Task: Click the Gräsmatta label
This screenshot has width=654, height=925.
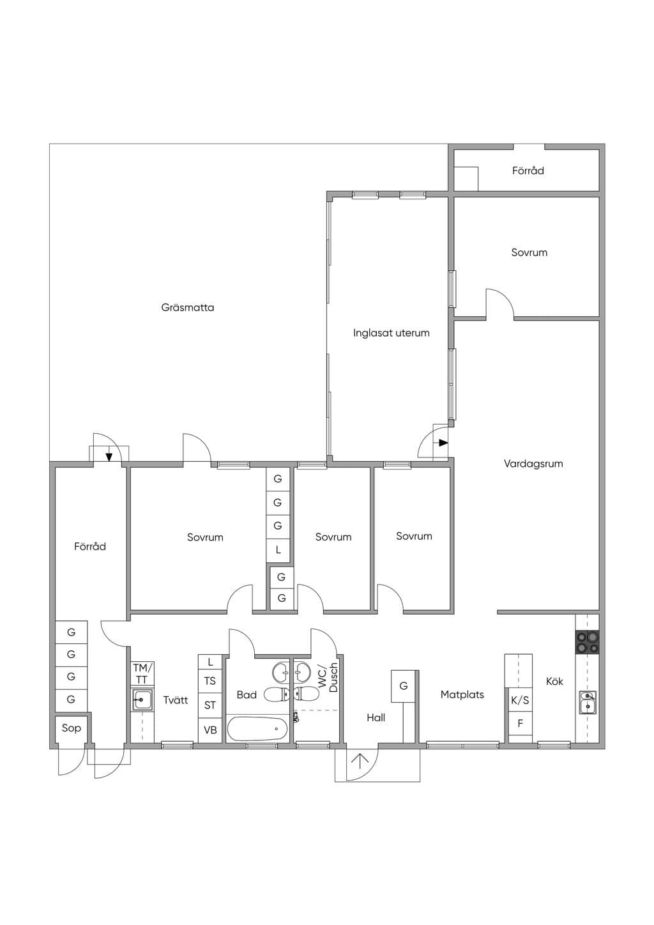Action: [187, 308]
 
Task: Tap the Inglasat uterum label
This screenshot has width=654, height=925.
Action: [391, 333]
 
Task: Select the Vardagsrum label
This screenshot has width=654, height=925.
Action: [533, 464]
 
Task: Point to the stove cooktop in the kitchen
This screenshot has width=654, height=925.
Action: [587, 642]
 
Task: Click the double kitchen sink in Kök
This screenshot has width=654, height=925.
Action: [587, 703]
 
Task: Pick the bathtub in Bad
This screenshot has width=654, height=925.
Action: [257, 729]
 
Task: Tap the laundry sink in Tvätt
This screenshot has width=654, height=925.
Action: [142, 699]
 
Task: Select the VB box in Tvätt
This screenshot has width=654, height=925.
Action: [210, 730]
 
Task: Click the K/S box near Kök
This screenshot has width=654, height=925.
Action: [520, 699]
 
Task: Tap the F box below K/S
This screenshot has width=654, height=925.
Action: [520, 723]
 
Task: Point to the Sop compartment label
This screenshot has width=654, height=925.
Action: [71, 728]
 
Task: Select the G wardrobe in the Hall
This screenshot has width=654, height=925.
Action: [404, 686]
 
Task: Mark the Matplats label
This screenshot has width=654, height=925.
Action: [462, 694]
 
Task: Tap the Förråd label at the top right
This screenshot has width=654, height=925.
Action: [528, 171]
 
